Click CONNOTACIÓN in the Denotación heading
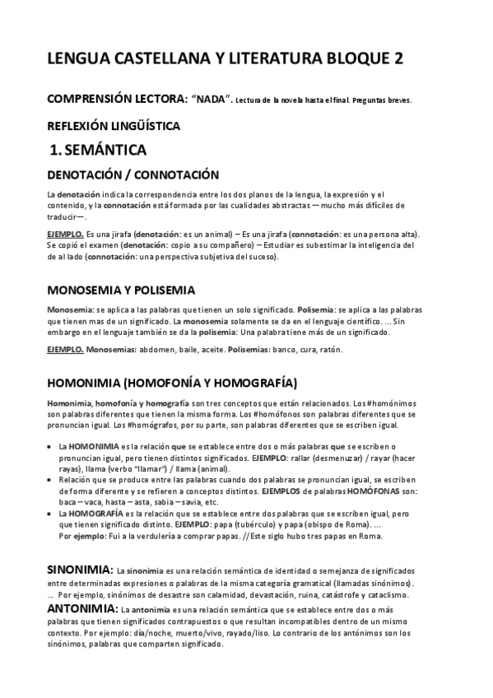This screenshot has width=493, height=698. tap(176, 174)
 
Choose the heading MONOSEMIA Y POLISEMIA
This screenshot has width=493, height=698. tap(121, 291)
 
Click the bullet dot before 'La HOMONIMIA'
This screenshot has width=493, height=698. tap(50, 446)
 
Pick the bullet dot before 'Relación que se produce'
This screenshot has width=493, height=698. tap(50, 480)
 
